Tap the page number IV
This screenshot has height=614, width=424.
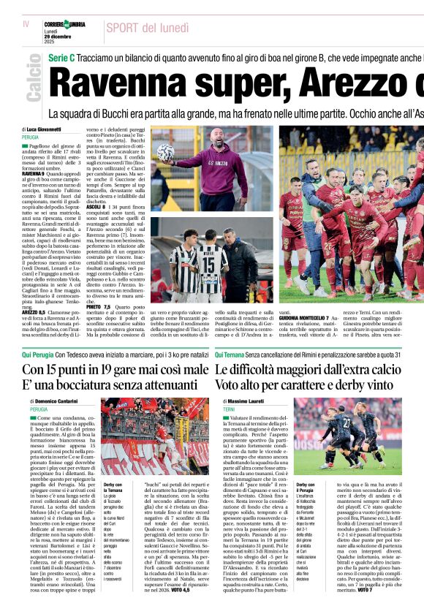click(26, 24)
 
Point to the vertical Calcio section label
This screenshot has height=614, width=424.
click(33, 81)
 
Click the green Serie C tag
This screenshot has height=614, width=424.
click(62, 57)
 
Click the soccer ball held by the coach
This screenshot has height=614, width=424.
click(165, 152)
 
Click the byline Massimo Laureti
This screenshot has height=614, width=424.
click(251, 402)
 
